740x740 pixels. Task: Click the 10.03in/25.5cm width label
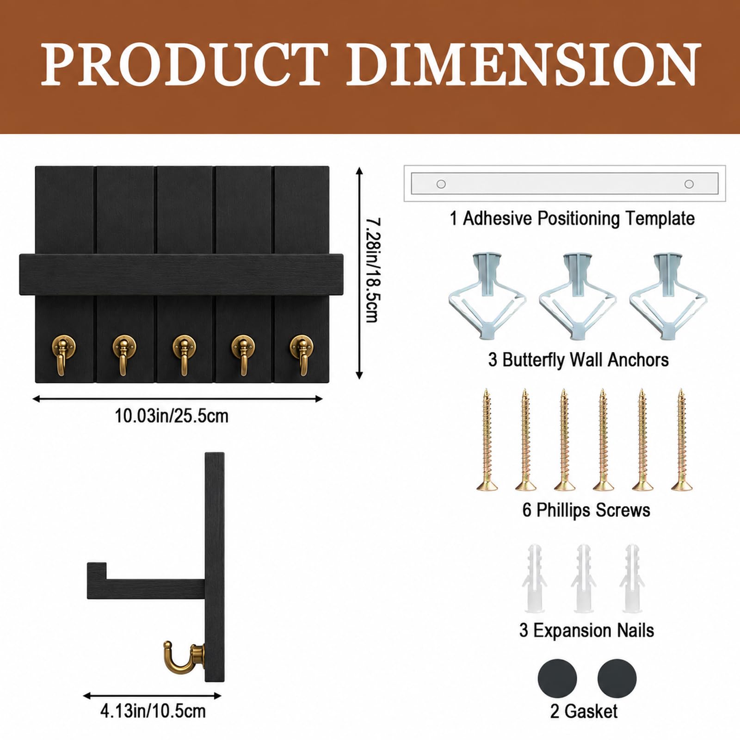point(172,416)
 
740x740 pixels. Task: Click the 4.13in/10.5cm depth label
point(153,711)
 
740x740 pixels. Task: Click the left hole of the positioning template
point(441,184)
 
